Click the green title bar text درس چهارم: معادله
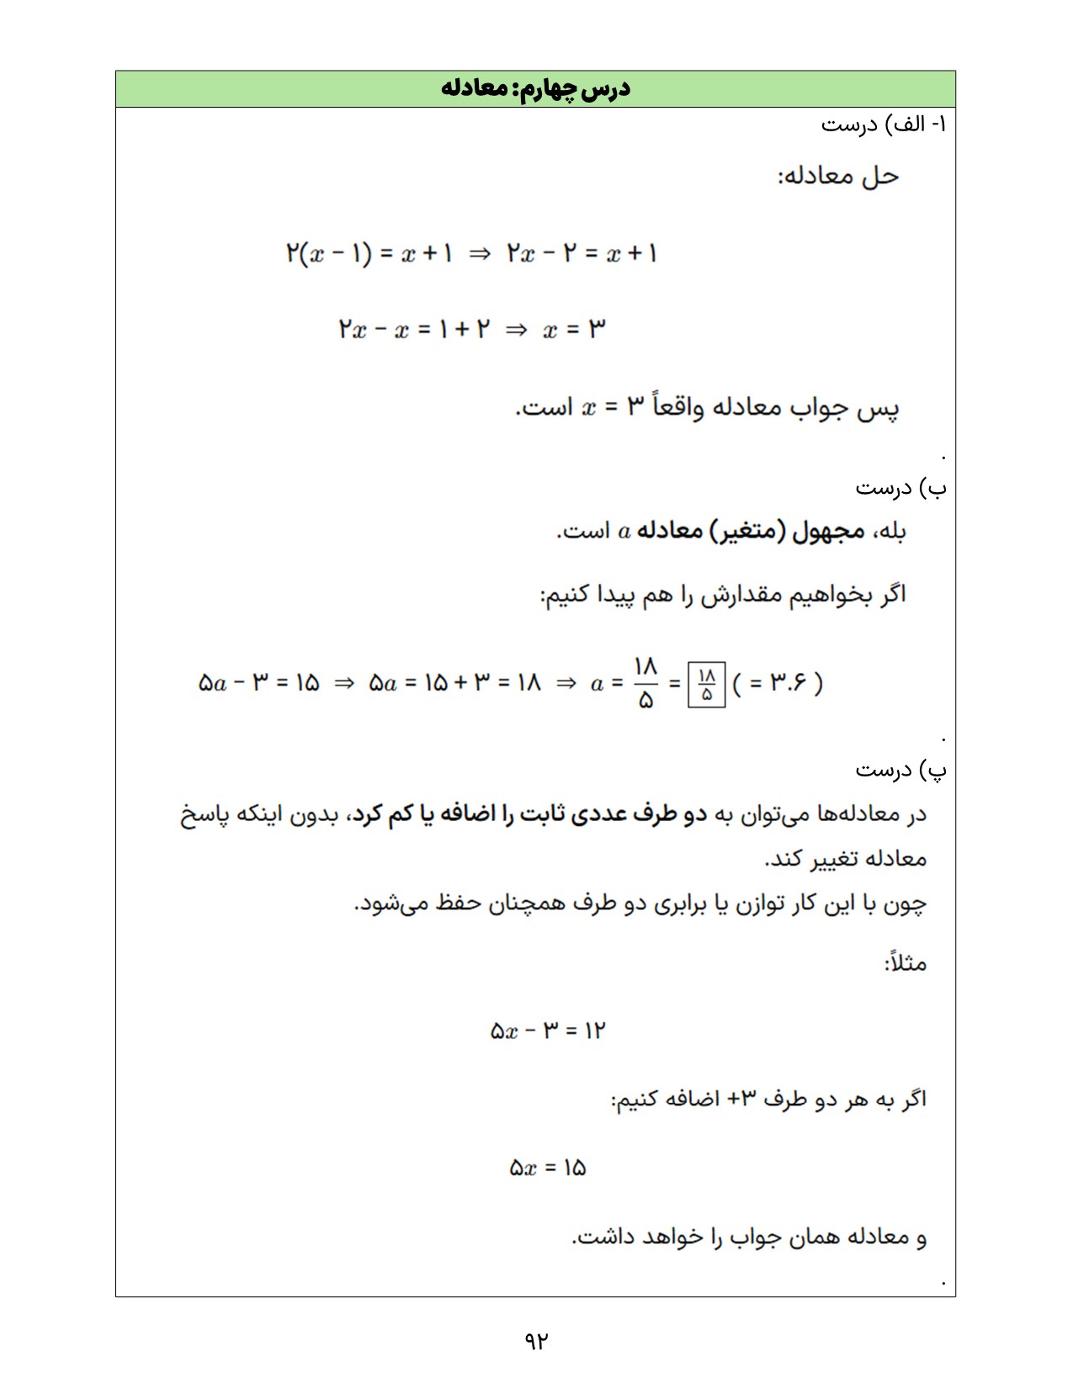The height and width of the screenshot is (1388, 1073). pos(535,88)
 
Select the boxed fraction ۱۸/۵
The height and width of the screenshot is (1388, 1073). pos(706,684)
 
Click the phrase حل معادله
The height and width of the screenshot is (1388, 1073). pos(838,176)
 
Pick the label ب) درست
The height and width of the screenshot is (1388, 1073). pos(900,487)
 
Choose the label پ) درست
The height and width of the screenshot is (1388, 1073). pos(900,769)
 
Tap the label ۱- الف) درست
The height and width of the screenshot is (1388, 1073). pos(884,124)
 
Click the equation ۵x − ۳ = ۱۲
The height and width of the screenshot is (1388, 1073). pos(548,1030)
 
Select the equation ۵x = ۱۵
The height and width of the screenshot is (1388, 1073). pos(548,1168)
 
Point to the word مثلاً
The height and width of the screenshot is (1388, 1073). pos(906,962)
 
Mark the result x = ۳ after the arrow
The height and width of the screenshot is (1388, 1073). pos(574,329)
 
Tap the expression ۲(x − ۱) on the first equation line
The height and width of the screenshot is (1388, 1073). pos(328,253)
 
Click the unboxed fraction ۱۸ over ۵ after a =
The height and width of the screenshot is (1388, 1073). pos(645,683)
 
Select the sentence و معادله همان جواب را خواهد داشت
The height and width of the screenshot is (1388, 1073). pos(749,1237)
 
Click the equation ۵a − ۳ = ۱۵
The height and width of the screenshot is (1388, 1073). pos(258,683)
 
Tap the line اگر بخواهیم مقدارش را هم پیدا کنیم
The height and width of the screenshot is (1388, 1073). pos(723,596)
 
